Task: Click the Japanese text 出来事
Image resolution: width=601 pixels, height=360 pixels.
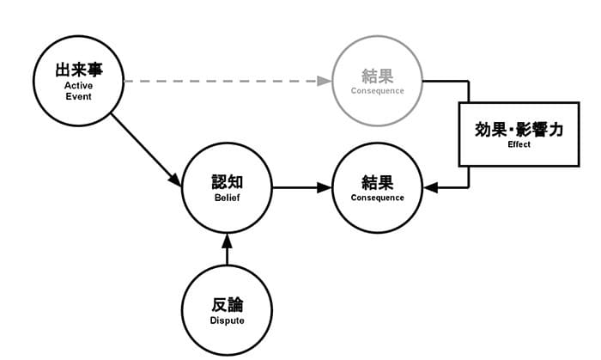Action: tap(79, 70)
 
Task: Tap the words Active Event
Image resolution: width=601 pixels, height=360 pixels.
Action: tap(79, 91)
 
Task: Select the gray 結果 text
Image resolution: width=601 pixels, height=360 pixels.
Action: tap(378, 76)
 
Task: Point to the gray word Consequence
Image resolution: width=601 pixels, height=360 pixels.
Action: tap(378, 91)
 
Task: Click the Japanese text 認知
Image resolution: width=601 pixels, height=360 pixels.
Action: tap(228, 182)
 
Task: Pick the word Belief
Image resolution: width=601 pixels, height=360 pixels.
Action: tap(228, 198)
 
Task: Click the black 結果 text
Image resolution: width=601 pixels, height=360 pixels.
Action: tap(378, 182)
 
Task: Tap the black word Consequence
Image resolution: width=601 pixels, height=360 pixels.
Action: tap(378, 198)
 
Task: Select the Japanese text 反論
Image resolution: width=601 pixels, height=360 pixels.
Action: tap(228, 305)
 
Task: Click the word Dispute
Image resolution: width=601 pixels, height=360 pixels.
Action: tap(228, 320)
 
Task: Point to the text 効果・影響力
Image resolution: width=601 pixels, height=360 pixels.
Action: tap(519, 130)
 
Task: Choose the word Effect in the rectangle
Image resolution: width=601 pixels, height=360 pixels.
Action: tap(519, 144)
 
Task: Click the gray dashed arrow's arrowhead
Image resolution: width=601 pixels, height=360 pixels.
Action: tap(325, 81)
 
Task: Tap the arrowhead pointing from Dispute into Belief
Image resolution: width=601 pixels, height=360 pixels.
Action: tap(228, 241)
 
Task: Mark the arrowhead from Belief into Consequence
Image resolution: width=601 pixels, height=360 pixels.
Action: tap(325, 187)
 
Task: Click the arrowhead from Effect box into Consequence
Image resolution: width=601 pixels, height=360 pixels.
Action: tap(430, 187)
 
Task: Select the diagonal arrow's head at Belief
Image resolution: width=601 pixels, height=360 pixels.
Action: tap(175, 180)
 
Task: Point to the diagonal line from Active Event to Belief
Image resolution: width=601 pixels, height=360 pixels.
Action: tap(146, 149)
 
